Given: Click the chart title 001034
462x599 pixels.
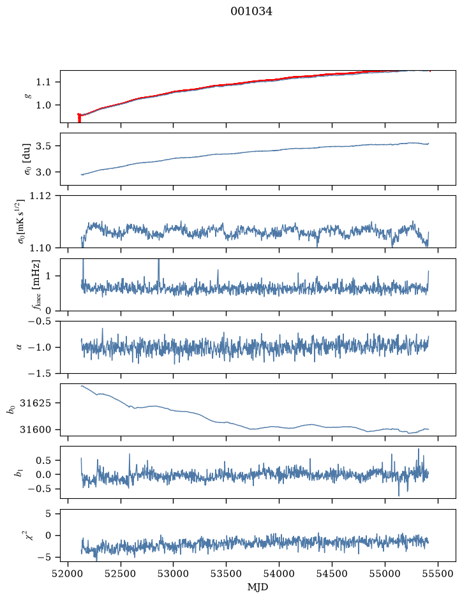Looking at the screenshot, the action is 251,11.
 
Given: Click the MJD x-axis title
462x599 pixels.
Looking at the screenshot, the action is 258,587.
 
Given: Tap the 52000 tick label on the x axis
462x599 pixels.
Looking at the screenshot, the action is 68,573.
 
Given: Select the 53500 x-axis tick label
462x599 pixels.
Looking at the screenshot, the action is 227,573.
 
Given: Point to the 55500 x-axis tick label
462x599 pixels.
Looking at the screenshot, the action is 438,573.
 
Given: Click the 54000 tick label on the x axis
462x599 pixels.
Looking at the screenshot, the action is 279,573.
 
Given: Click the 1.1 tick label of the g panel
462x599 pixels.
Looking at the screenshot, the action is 43,82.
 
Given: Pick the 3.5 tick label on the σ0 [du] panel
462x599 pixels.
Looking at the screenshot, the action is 43,146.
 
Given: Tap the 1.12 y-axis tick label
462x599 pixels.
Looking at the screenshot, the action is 40,196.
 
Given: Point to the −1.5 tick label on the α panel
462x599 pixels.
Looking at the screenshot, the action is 40,373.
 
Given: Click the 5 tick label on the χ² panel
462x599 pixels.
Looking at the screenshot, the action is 48,514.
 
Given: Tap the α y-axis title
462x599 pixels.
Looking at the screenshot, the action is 20,347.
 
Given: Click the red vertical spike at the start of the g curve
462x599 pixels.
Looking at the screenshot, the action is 79,118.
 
